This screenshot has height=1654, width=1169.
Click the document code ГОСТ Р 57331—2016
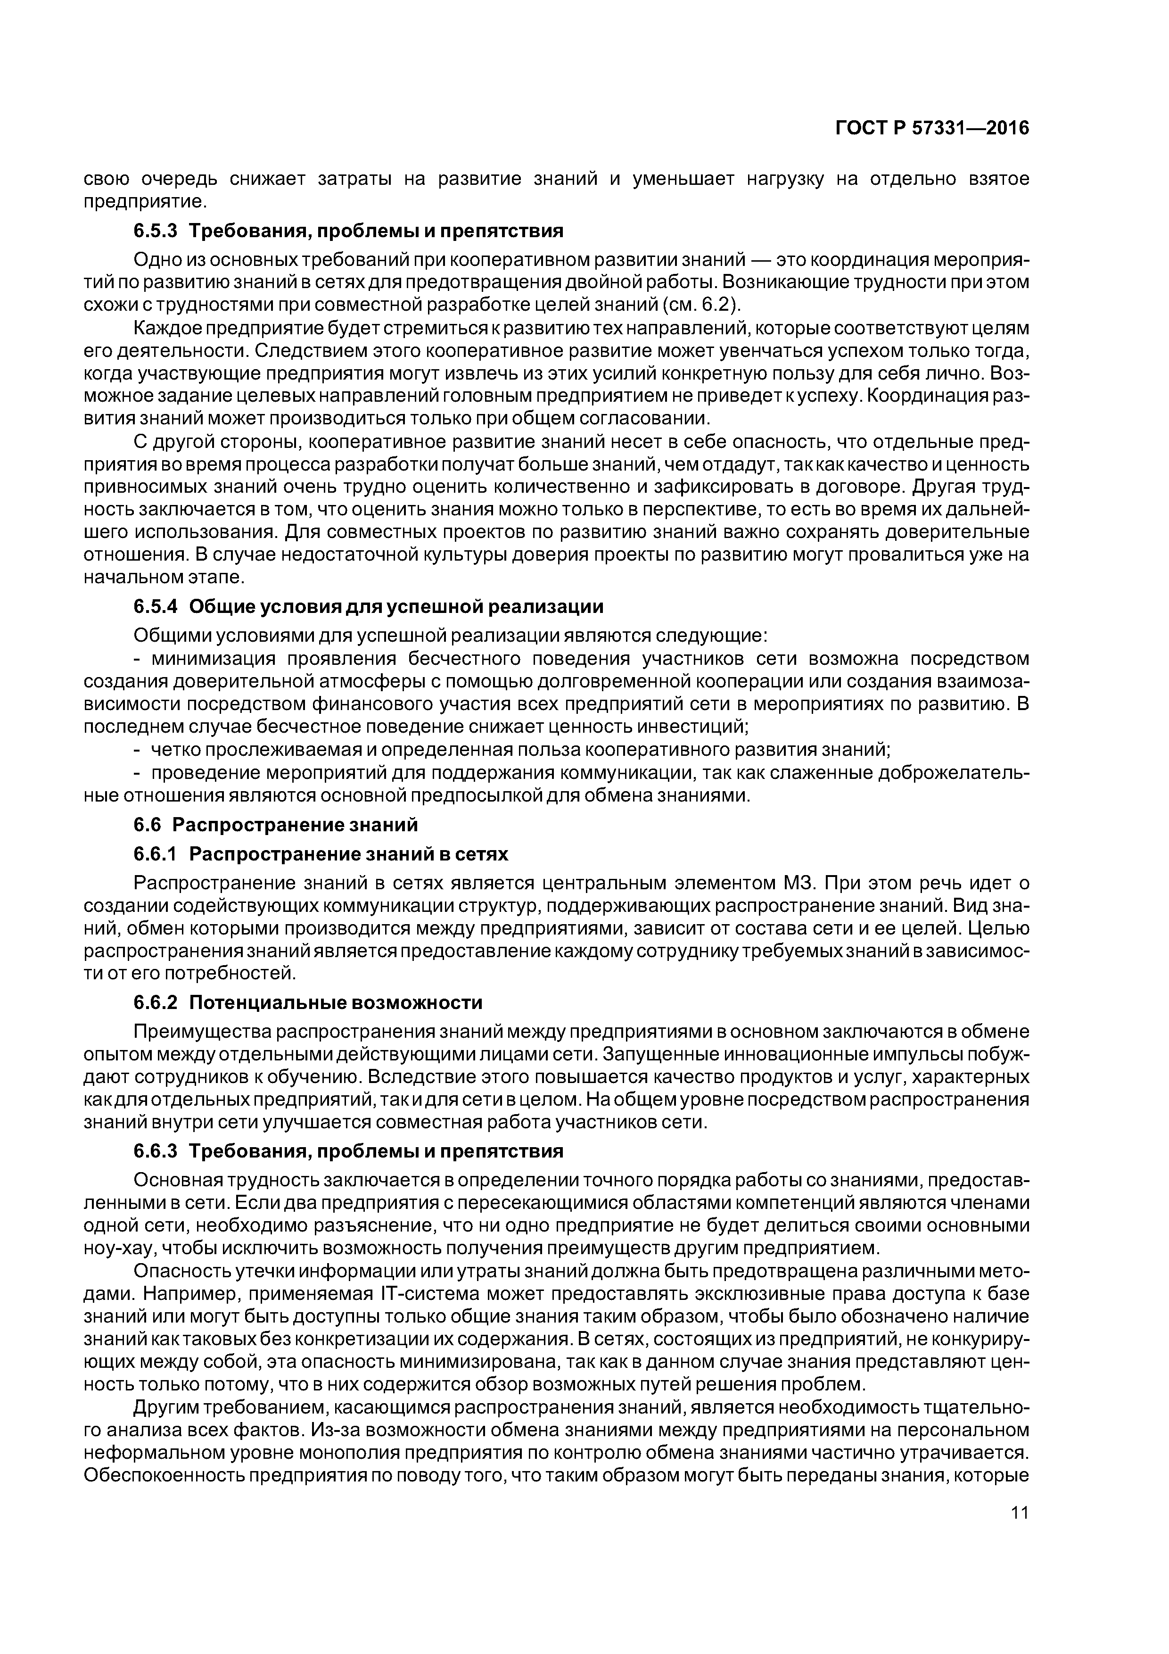pos(932,128)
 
